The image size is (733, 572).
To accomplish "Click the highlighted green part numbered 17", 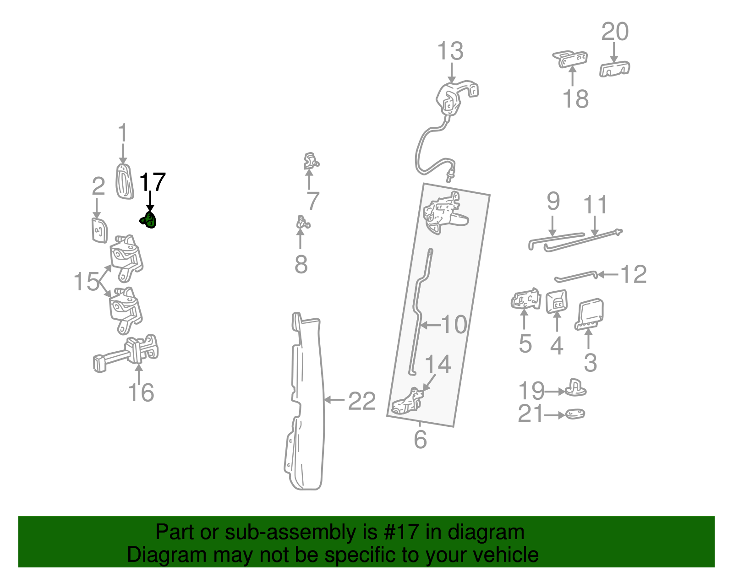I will tap(148, 220).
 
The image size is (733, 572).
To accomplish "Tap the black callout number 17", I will tap(152, 183).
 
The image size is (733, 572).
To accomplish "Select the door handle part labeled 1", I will tap(124, 182).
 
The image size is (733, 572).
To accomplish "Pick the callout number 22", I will tap(362, 401).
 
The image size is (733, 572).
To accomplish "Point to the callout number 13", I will tap(450, 51).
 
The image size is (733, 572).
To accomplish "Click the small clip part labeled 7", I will tap(311, 161).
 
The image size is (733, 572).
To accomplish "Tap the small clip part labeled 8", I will tap(302, 223).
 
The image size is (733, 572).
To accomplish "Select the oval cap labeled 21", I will tap(575, 414).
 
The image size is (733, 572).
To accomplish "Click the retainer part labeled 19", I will tap(575, 388).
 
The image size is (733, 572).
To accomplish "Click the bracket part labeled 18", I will tap(570, 59).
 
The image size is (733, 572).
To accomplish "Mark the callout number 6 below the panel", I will tap(420, 439).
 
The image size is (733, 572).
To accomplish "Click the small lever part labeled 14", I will tap(407, 401).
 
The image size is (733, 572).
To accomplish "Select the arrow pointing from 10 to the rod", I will tap(430, 325).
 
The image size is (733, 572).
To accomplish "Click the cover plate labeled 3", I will tap(590, 315).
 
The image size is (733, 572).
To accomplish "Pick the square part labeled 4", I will tap(557, 302).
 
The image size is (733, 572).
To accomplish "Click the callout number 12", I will tap(633, 274).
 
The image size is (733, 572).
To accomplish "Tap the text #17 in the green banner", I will tap(398, 533).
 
